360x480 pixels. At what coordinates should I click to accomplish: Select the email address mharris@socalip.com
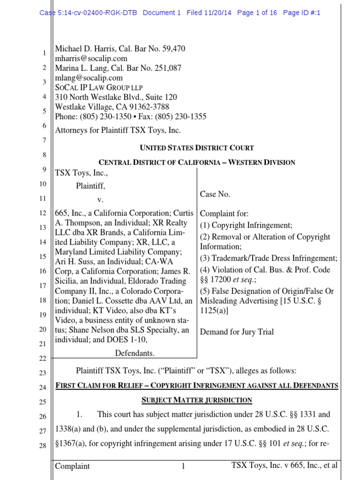click(91, 59)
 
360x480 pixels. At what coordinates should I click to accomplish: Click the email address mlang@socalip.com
click(89, 78)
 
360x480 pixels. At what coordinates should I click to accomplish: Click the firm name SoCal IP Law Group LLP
click(99, 88)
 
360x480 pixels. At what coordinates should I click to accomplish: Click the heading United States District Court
click(197, 148)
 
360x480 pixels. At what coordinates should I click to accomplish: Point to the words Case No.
click(215, 194)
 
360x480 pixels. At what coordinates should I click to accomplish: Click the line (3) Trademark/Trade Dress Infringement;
click(269, 258)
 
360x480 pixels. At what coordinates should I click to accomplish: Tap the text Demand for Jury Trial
click(237, 332)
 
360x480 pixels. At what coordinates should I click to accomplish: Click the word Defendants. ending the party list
click(135, 353)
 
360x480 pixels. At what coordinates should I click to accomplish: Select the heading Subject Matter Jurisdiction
click(197, 400)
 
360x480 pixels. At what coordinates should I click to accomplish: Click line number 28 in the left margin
click(43, 446)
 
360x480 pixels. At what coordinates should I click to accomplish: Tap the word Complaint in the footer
click(73, 466)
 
